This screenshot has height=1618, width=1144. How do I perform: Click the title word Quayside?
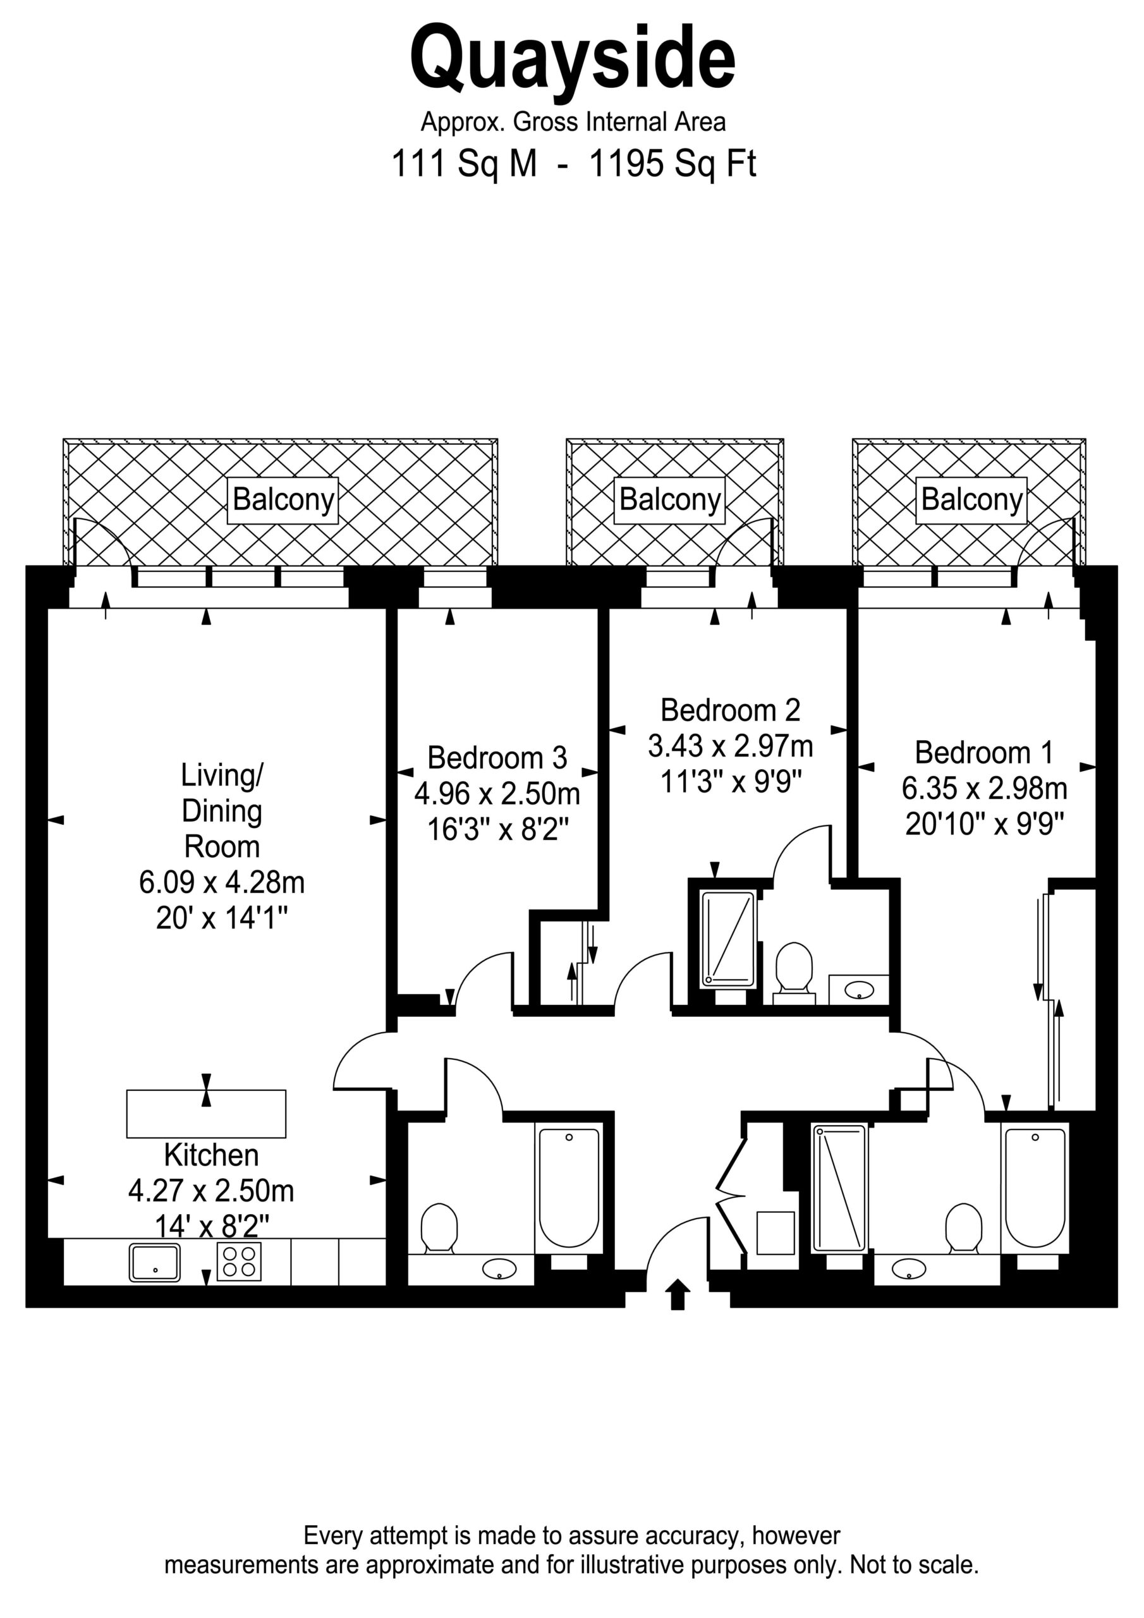pos(573,59)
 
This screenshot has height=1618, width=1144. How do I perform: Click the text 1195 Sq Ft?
pos(672,164)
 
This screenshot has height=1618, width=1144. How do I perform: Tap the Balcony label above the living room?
pos(283,501)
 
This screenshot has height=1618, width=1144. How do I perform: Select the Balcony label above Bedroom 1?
pos(971,501)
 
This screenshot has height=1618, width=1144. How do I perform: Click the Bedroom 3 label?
pos(497,758)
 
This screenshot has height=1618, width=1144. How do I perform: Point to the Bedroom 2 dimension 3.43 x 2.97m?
pos(730,746)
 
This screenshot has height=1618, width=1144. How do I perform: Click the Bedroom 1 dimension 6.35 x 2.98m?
pos(984,789)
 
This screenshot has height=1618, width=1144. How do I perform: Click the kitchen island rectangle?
pos(206,1114)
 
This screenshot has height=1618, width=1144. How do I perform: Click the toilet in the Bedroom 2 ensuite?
pos(794,973)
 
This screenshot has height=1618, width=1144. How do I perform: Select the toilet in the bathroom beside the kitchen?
pos(439,1230)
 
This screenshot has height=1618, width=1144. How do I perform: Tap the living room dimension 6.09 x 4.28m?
pos(222,882)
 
